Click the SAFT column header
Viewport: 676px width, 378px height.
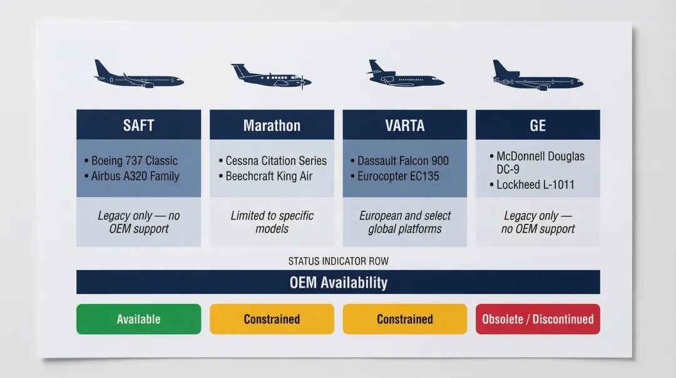pos(138,125)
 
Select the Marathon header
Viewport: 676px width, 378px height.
pos(272,125)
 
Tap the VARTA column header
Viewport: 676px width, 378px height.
pos(404,125)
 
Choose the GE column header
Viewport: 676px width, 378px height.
pos(538,125)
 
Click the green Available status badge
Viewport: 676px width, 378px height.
pos(138,319)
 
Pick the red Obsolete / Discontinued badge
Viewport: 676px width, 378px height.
pos(538,319)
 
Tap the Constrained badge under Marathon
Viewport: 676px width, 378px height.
pos(272,319)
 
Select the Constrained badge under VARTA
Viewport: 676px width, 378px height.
pos(404,319)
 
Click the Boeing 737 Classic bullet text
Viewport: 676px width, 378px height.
pos(134,160)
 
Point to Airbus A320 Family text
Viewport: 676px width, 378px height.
pos(135,176)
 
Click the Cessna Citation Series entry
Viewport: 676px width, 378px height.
pos(276,160)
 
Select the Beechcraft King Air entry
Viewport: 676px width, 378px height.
pos(269,176)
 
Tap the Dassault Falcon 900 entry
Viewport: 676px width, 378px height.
pos(403,160)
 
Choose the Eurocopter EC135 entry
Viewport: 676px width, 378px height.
pos(397,176)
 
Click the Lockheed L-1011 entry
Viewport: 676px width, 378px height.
pos(535,184)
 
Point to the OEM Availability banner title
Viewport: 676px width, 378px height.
pos(338,282)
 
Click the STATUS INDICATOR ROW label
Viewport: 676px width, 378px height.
pos(338,261)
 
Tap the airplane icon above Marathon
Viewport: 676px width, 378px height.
pos(271,75)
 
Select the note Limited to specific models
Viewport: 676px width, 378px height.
pos(272,222)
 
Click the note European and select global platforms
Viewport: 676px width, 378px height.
pos(404,222)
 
